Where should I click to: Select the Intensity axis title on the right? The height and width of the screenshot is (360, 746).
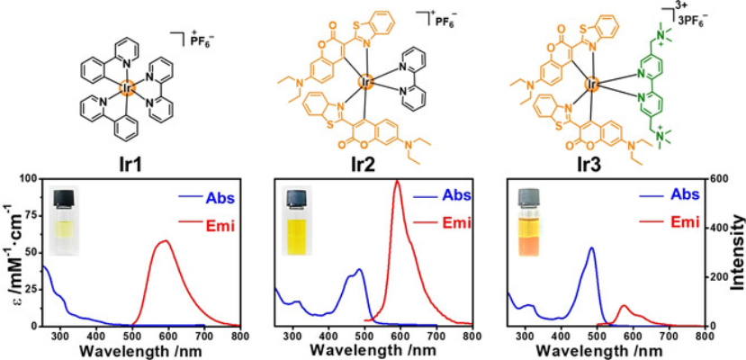(x=736, y=252)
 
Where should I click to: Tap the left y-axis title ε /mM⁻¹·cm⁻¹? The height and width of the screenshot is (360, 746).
(x=9, y=252)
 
